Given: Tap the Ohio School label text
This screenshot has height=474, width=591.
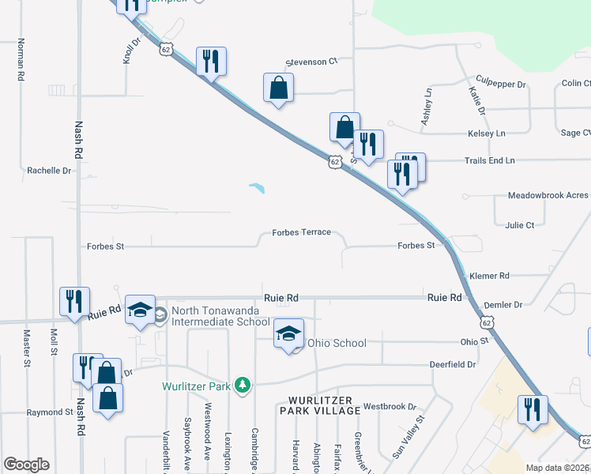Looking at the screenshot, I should pyautogui.click(x=337, y=343).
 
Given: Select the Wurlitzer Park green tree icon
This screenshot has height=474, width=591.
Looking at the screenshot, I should pyautogui.click(x=245, y=385).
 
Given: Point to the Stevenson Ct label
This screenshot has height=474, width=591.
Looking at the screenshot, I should pyautogui.click(x=311, y=60).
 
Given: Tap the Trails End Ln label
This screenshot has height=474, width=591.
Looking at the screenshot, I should pyautogui.click(x=489, y=160).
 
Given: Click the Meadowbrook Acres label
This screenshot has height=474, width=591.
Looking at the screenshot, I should pyautogui.click(x=548, y=195).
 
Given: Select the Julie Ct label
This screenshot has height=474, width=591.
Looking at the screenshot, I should pyautogui.click(x=520, y=225).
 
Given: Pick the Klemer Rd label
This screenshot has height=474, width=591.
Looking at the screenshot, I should pyautogui.click(x=489, y=276).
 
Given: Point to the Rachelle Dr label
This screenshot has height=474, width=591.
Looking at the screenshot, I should pyautogui.click(x=49, y=170).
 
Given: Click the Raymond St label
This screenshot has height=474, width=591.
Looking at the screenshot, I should pyautogui.click(x=50, y=412).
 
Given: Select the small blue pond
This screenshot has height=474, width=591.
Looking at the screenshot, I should pyautogui.click(x=257, y=188).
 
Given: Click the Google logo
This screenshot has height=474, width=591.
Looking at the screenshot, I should pyautogui.click(x=26, y=465).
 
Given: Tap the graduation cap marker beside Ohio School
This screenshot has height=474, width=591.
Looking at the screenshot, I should pyautogui.click(x=289, y=333).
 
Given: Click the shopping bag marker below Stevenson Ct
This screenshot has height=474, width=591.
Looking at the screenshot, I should pyautogui.click(x=278, y=89).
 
